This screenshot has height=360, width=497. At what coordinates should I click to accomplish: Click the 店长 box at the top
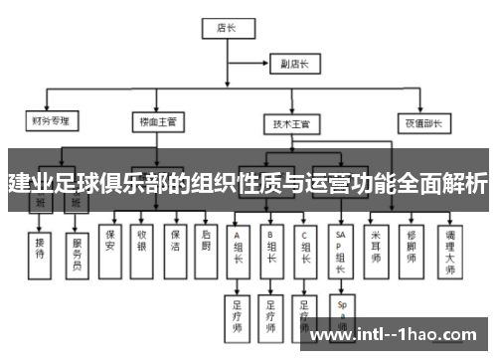(x=226, y=30)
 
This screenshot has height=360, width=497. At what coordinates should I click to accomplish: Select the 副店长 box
(x=296, y=64)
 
